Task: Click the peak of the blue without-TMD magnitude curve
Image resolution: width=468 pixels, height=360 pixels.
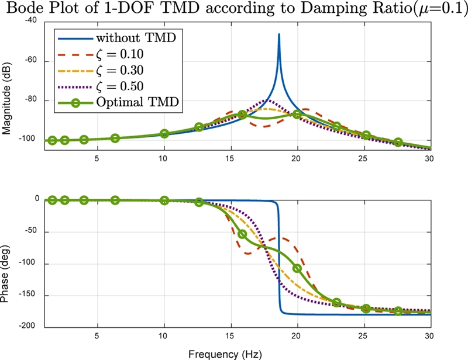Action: click(x=279, y=34)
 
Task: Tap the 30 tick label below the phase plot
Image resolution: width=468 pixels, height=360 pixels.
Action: click(x=429, y=337)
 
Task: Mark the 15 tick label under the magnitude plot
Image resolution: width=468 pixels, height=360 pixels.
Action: click(x=230, y=158)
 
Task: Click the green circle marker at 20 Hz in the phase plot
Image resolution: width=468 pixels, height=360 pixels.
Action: click(x=297, y=268)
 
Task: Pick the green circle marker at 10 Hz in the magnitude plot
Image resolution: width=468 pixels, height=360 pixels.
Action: click(x=164, y=134)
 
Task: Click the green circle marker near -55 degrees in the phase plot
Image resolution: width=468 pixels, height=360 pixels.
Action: click(x=242, y=234)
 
